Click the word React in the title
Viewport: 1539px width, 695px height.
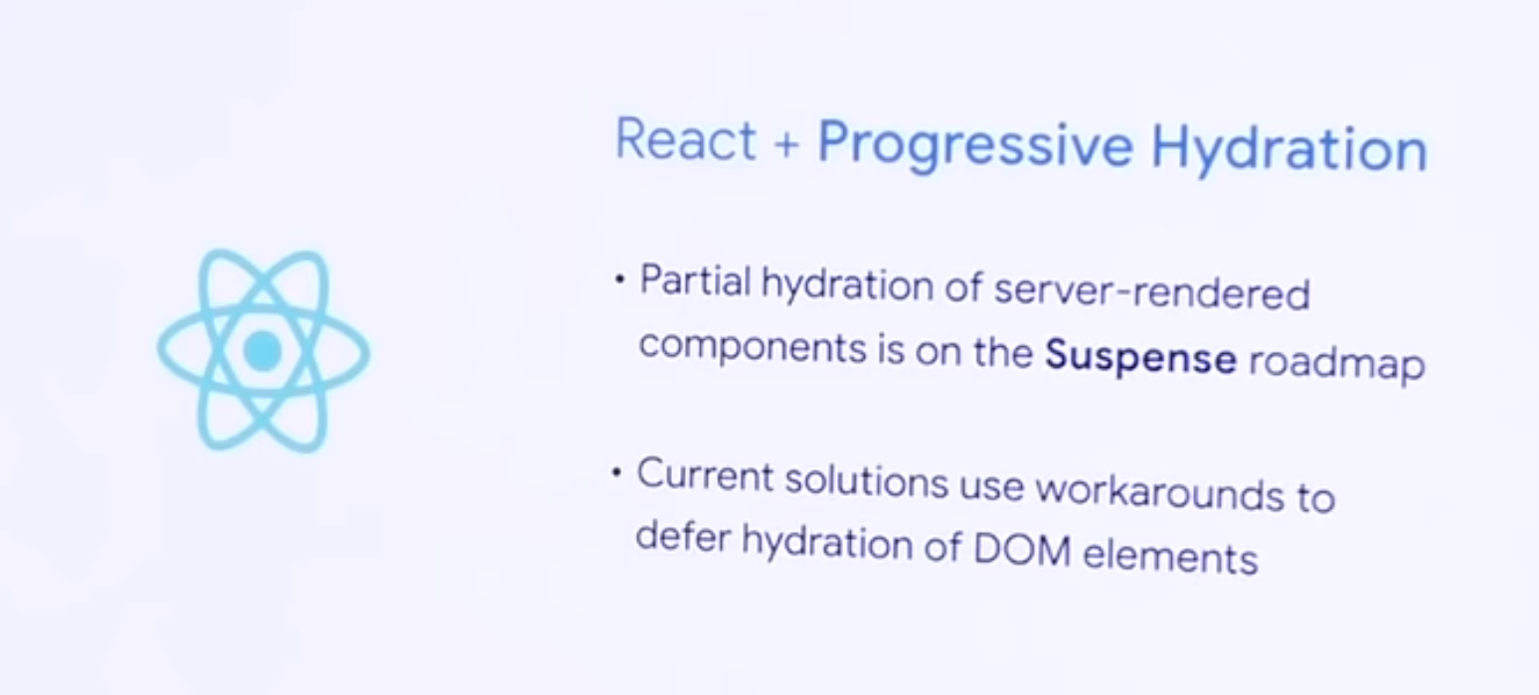(685, 139)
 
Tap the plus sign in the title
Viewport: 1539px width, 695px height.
(786, 144)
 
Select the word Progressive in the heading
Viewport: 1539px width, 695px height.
(975, 145)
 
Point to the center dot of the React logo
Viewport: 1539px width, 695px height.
(262, 351)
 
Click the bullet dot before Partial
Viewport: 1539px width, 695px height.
(619, 279)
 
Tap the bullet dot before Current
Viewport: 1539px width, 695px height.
(616, 471)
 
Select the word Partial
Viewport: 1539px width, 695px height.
(695, 280)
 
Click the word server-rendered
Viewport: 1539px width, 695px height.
(1151, 293)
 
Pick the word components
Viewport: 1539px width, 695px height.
(753, 347)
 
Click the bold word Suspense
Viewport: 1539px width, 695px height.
(1140, 358)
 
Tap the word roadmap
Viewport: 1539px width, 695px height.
(1336, 363)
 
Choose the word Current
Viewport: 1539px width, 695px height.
(705, 474)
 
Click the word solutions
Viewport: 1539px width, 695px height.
(866, 480)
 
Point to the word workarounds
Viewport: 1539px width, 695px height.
(1160, 491)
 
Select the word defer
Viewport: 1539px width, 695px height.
(682, 536)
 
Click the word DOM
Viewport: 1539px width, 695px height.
(1022, 549)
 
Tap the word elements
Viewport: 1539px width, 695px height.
(1170, 554)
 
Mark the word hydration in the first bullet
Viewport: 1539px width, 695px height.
(846, 285)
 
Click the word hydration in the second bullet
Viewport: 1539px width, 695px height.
(826, 543)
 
